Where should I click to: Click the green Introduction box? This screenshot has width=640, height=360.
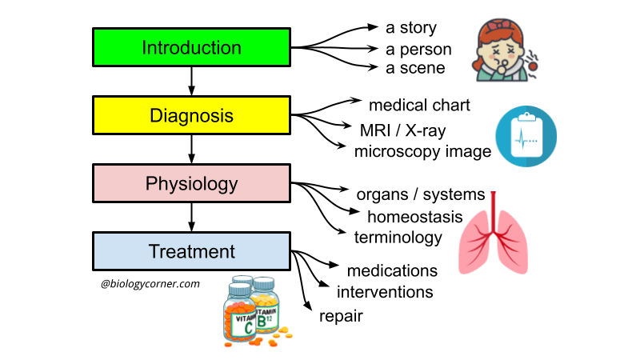pyautogui.click(x=191, y=47)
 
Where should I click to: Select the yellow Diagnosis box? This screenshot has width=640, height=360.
pyautogui.click(x=191, y=115)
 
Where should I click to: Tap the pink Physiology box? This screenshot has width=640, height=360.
pyautogui.click(x=191, y=184)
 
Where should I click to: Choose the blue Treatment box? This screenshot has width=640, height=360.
pyautogui.click(x=191, y=251)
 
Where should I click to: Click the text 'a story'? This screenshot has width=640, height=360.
pyautogui.click(x=410, y=29)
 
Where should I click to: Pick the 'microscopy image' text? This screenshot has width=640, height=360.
pyautogui.click(x=422, y=150)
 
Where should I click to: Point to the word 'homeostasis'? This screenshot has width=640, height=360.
pyautogui.click(x=415, y=216)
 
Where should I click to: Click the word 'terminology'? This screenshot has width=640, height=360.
pyautogui.click(x=398, y=237)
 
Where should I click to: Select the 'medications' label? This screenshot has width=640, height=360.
pyautogui.click(x=392, y=270)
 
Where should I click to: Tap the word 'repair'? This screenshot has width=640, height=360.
pyautogui.click(x=341, y=316)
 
